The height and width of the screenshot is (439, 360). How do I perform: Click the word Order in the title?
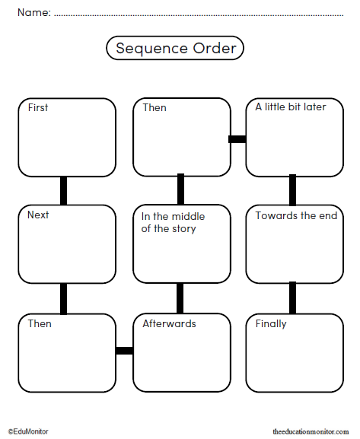point(214,49)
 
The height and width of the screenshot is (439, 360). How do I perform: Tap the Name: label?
point(33,11)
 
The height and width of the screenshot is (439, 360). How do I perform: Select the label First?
point(37,107)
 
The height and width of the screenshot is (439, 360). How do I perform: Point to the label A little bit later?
point(290,107)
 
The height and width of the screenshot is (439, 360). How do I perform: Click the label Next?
point(38,215)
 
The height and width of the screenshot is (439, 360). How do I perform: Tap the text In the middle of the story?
point(173,222)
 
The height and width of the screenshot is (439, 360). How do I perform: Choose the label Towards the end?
point(296,215)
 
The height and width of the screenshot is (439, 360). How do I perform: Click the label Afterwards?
point(169,323)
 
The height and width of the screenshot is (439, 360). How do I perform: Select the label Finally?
point(271,323)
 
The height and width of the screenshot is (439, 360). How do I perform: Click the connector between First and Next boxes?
point(64,190)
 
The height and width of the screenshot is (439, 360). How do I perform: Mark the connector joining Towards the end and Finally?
point(292,297)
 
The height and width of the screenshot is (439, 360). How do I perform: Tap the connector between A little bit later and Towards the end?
point(292,190)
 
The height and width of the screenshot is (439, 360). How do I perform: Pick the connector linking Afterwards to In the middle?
point(180,297)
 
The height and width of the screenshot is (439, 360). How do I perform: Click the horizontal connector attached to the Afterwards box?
point(124,351)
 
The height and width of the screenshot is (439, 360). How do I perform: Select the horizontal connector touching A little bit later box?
point(237,139)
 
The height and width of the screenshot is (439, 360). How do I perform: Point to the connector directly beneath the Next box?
point(64,297)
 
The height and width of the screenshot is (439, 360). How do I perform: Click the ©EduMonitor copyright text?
point(28,431)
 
